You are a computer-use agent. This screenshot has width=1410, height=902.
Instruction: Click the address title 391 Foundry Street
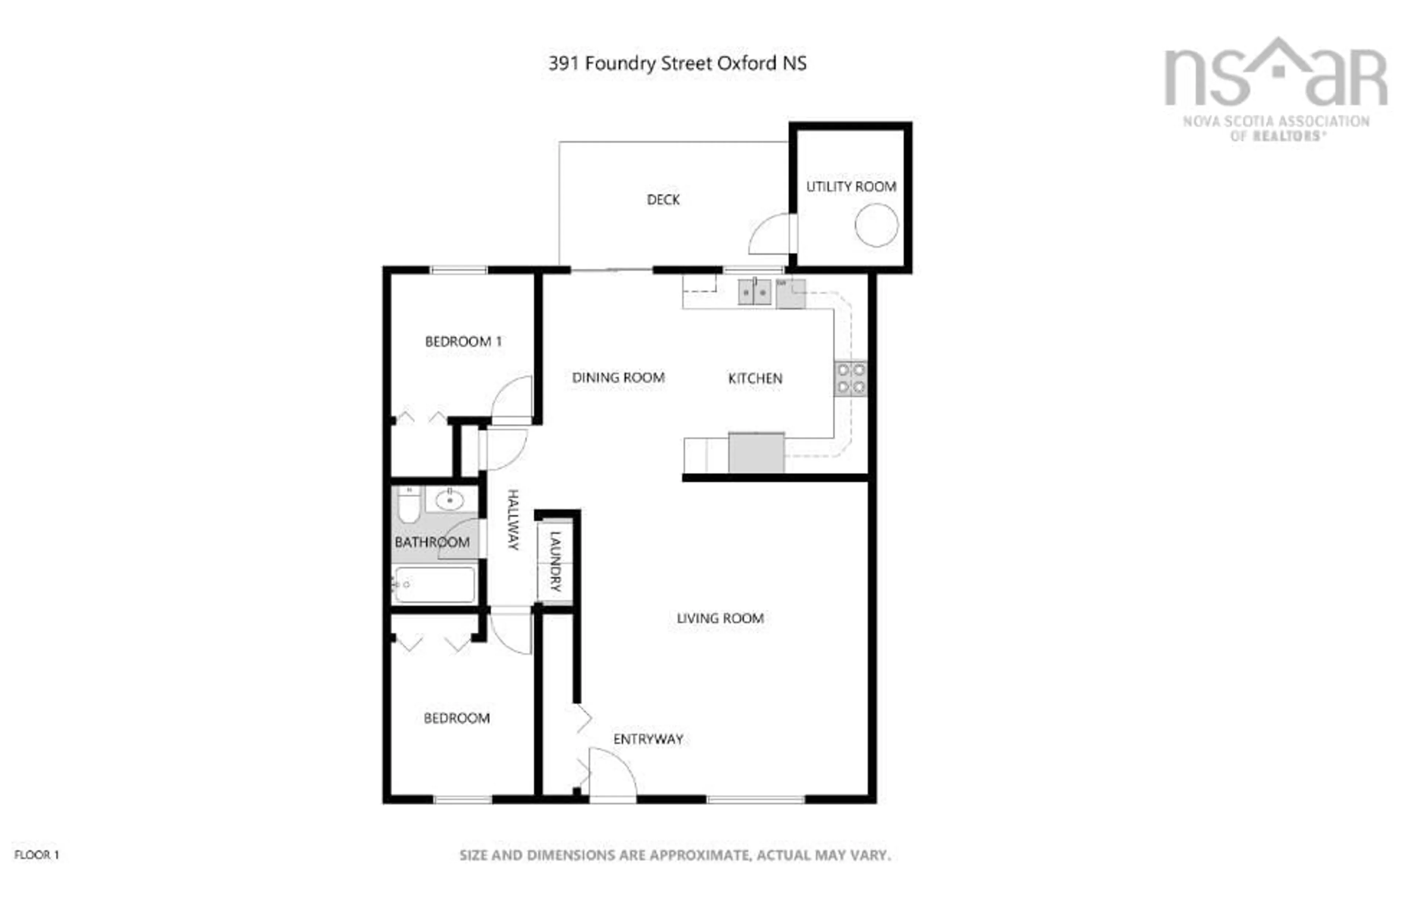coord(677,63)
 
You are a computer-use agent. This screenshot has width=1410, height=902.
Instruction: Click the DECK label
coord(663,200)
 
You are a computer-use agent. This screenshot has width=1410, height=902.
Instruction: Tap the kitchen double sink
coord(753,292)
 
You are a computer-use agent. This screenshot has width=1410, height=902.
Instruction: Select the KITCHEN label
coord(755,378)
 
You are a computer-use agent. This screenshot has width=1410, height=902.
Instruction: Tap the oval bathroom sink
coord(449,501)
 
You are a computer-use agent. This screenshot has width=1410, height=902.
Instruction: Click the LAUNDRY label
coord(555,561)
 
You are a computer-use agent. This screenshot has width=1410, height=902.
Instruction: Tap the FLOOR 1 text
coord(36,855)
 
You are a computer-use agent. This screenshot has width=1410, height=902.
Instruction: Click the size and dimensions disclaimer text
coord(675,855)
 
